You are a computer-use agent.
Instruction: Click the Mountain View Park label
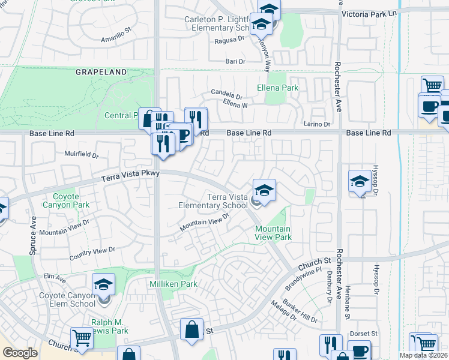coord(273,233)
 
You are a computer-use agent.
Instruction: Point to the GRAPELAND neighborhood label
coord(101,72)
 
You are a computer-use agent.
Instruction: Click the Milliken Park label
coord(173,284)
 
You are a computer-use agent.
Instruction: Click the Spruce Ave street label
coord(34,235)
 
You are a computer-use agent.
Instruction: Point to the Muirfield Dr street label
coord(82,155)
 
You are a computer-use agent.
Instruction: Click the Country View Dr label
coord(92,253)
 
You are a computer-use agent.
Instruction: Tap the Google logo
coord(20,353)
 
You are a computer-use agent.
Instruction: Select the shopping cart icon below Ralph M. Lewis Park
coord(82,338)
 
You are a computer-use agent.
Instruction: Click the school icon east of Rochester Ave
coord(360,182)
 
